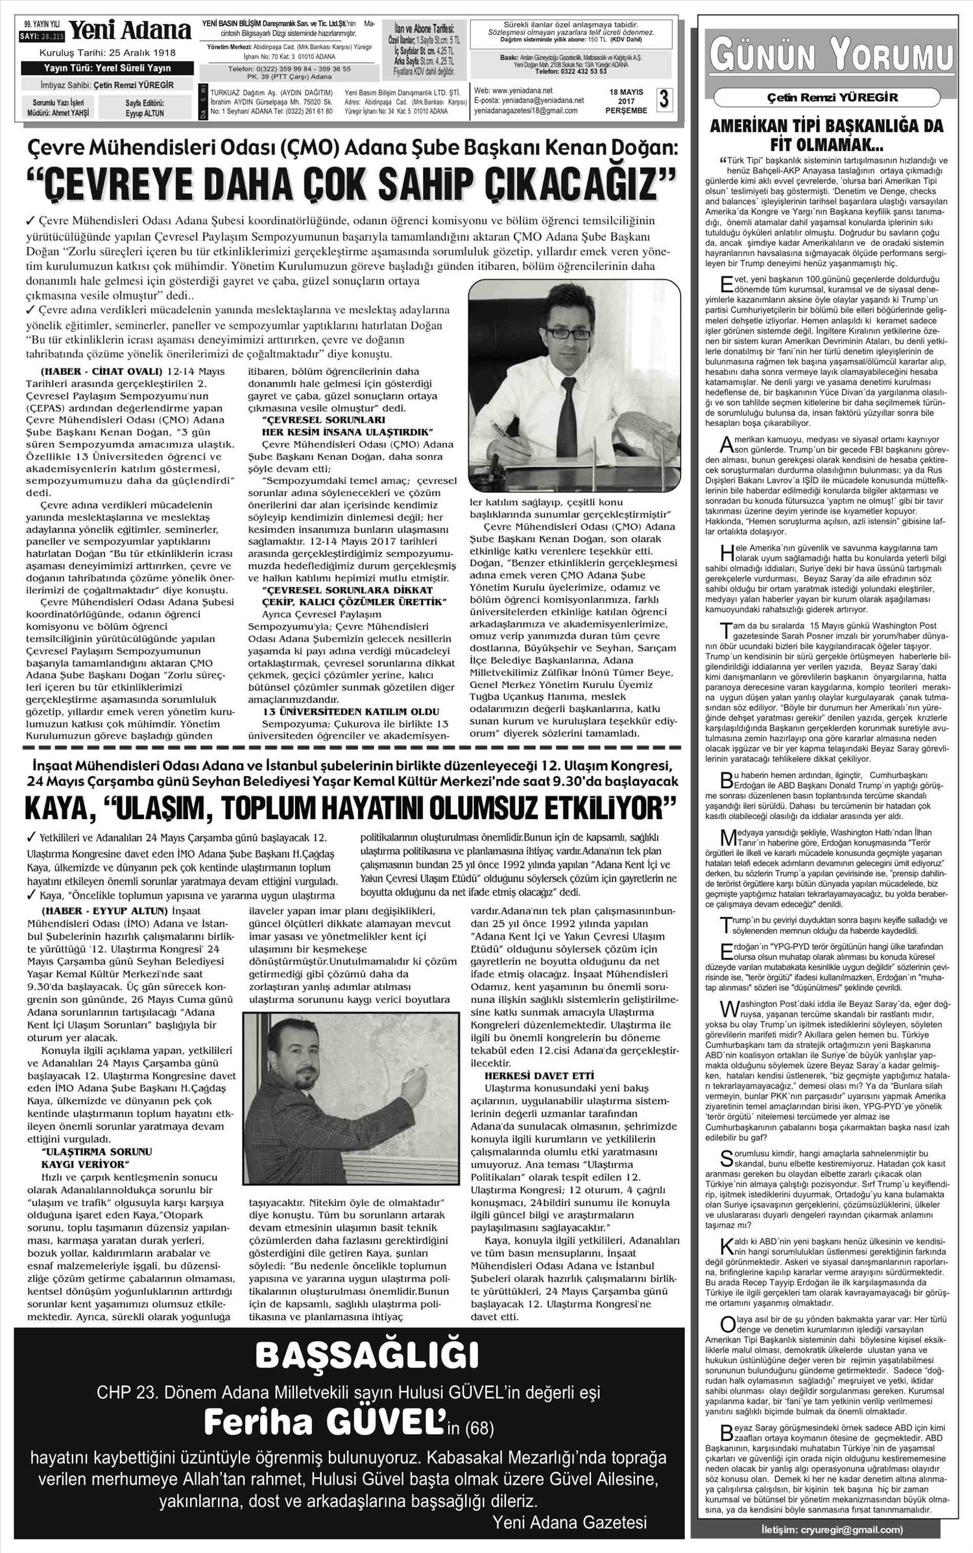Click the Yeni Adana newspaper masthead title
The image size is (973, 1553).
[130, 30]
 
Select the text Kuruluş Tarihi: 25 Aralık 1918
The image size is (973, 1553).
[107, 53]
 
